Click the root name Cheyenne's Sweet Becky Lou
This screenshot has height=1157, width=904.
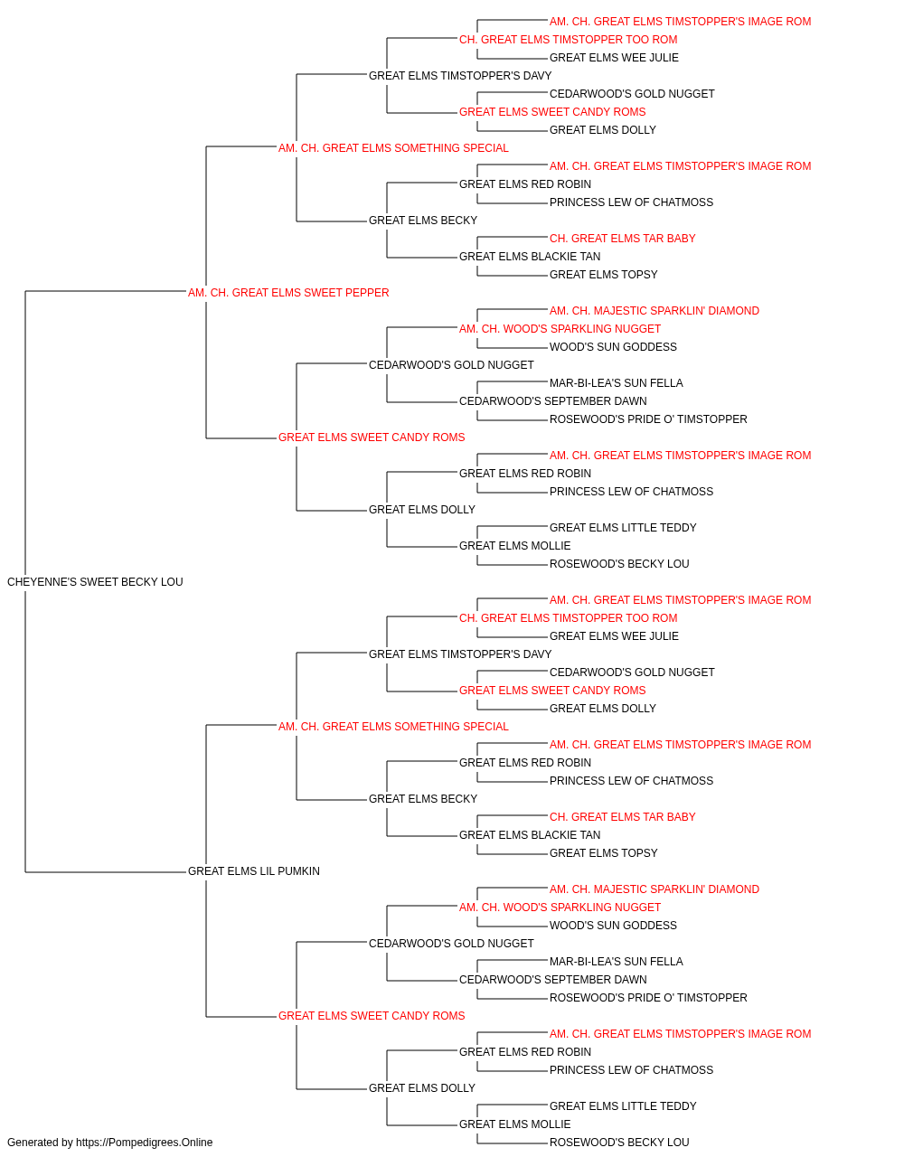click(x=95, y=582)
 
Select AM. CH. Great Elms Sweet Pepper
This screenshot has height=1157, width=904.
click(x=288, y=293)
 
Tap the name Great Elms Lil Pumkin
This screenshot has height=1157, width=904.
click(x=254, y=871)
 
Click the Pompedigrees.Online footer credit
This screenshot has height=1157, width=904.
click(x=109, y=1143)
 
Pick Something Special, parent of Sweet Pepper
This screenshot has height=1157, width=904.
click(x=393, y=148)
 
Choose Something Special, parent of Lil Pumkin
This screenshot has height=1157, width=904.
click(x=393, y=726)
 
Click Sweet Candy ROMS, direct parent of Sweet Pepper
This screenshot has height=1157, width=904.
click(x=372, y=437)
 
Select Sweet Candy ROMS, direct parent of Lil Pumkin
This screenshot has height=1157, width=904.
click(x=372, y=1015)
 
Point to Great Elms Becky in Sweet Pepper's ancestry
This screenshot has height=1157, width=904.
click(x=423, y=221)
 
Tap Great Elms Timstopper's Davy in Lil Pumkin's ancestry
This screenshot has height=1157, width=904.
click(x=460, y=654)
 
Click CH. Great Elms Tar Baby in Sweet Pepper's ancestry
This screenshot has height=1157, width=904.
click(x=622, y=239)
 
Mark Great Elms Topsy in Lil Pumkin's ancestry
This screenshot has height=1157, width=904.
click(x=603, y=853)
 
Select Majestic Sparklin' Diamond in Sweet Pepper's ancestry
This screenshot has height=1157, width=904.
click(x=654, y=311)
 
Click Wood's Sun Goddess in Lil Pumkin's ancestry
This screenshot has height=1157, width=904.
click(x=613, y=926)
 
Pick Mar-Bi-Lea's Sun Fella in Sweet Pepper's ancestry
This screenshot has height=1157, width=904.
click(x=616, y=383)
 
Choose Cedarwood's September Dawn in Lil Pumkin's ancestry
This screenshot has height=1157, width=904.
click(x=552, y=980)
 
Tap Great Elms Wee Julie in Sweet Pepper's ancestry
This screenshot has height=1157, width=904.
click(x=614, y=58)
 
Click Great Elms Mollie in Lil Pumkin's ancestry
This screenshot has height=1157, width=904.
click(x=514, y=1124)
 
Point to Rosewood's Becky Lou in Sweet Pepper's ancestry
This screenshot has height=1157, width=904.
click(x=619, y=564)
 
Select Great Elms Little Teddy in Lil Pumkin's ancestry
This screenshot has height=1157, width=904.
click(x=623, y=1105)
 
